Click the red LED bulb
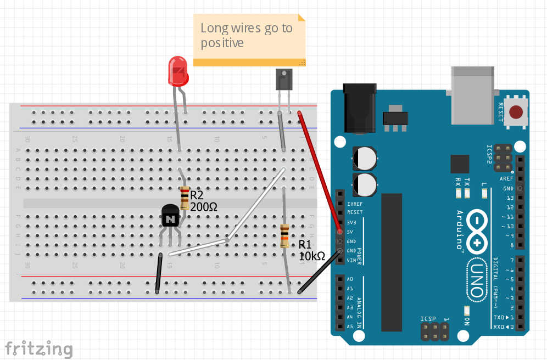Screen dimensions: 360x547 (x=178, y=71)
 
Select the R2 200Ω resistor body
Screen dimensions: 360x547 (x=185, y=199)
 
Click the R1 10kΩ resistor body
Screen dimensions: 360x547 (x=284, y=236)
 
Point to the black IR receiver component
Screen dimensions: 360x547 (x=283, y=79)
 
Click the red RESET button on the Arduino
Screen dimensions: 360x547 (x=516, y=113)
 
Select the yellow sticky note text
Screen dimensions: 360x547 (x=247, y=35)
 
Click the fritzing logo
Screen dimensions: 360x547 (x=38, y=348)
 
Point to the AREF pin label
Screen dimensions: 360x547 (x=507, y=179)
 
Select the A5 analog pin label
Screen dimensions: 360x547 (x=350, y=326)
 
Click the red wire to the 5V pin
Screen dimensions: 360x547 (x=319, y=170)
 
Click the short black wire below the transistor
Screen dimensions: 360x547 (x=159, y=273)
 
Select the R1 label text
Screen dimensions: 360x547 (x=305, y=245)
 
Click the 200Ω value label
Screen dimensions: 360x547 (x=204, y=207)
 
